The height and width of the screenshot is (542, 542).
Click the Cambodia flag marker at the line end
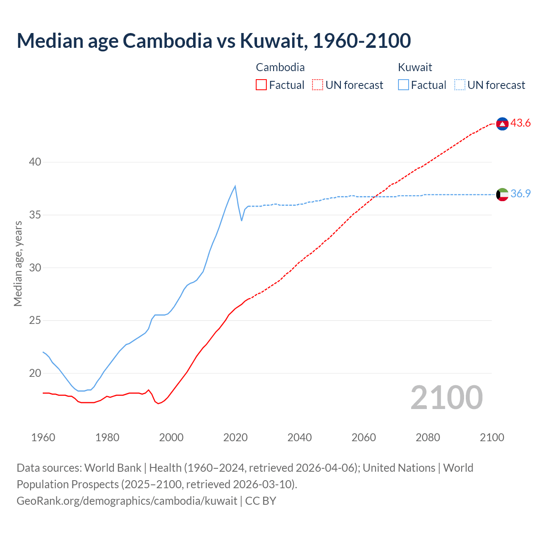coord(502,124)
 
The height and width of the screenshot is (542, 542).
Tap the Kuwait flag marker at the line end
coord(502,194)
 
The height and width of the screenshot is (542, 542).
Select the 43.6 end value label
coord(520,123)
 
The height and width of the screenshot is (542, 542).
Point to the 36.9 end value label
coord(520,194)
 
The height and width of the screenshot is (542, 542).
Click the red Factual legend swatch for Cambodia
coord(261,85)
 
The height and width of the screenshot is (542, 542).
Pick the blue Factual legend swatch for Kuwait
coord(404,85)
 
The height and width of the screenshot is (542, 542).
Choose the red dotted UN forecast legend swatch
coord(318,85)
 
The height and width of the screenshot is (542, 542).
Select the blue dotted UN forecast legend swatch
coord(460,85)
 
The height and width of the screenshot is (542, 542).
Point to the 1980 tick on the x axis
coord(107,437)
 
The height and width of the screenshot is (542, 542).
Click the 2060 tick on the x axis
coord(364,437)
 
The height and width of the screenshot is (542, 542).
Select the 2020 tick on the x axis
coord(235,437)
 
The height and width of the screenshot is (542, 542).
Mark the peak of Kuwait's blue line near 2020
coord(235,186)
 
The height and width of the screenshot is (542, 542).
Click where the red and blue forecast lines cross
coord(374,196)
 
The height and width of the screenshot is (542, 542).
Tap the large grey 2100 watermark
coord(447,397)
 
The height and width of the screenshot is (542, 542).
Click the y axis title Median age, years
coord(18,263)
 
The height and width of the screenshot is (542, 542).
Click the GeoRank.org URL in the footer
coord(127,501)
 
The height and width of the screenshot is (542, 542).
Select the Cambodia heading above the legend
coord(280,67)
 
